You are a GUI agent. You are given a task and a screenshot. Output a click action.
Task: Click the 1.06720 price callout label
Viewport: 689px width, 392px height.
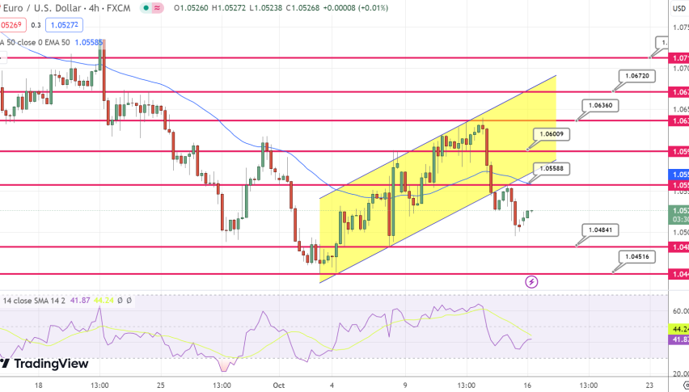click(636, 75)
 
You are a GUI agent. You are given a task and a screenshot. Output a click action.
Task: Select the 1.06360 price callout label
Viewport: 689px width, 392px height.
click(600, 106)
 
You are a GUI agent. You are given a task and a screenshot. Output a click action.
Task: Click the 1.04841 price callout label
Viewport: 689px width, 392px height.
click(599, 230)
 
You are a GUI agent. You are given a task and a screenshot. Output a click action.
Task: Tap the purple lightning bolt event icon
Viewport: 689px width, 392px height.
click(531, 281)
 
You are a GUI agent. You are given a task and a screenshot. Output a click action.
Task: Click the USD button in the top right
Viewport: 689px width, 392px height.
click(679, 9)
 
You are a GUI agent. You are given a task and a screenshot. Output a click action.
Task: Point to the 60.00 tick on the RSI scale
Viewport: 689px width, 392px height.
click(679, 311)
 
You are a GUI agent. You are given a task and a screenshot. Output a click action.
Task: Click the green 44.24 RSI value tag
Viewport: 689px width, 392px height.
click(679, 330)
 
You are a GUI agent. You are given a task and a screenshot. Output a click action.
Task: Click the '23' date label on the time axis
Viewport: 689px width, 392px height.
click(649, 386)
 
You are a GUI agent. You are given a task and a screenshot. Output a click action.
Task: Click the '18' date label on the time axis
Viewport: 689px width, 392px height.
click(38, 386)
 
